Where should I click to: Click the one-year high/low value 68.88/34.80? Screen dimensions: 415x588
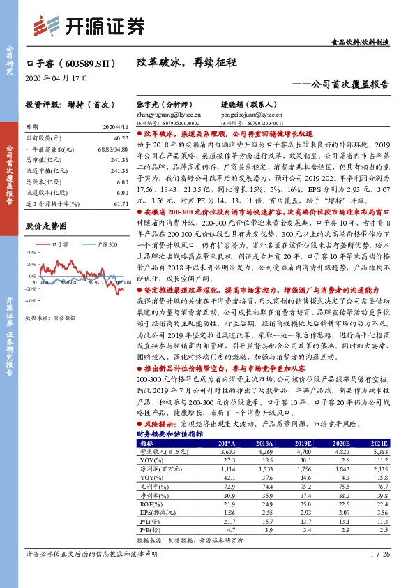point(114,149)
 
